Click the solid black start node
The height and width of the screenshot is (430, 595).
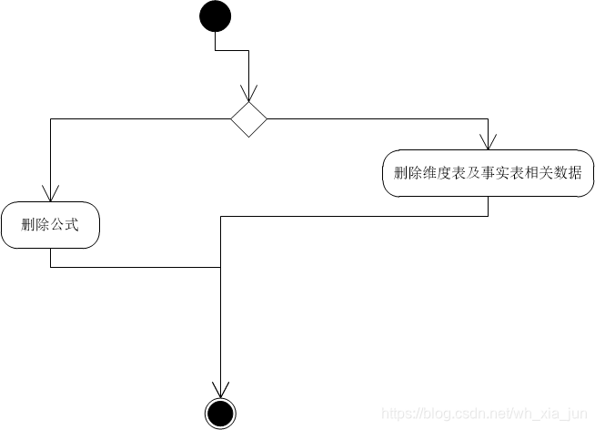[x=216, y=16]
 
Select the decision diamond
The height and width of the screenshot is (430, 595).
[x=248, y=118]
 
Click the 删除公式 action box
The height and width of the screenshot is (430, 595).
[x=49, y=224]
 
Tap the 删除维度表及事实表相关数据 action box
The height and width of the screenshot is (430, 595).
[x=488, y=173]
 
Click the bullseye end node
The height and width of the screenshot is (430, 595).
[x=219, y=414]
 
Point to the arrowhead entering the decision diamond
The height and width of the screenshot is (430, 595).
[x=248, y=94]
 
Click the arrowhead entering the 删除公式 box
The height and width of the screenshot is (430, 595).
[x=49, y=193]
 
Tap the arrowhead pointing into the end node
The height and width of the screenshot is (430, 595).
[x=219, y=390]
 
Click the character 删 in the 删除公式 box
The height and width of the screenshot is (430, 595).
[x=27, y=225]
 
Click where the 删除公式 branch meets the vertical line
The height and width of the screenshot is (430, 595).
[x=220, y=267]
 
